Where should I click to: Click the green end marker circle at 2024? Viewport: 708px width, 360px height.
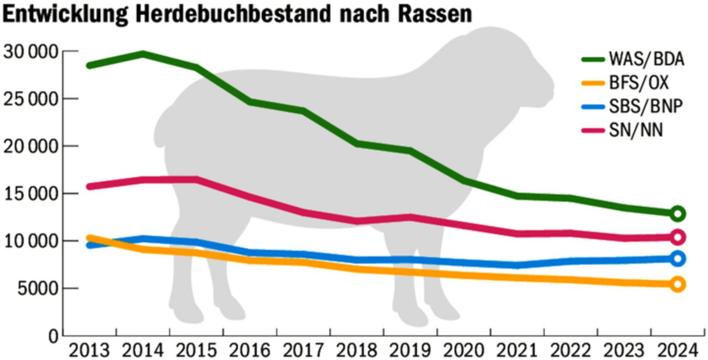678,213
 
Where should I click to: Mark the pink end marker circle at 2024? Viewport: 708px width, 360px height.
678,237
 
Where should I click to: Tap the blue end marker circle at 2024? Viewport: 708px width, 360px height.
678,258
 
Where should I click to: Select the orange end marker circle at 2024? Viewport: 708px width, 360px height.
678,284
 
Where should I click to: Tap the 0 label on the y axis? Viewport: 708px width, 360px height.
53,335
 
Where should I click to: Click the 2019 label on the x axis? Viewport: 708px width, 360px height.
410,350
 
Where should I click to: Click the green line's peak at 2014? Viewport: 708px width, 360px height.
143,53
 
